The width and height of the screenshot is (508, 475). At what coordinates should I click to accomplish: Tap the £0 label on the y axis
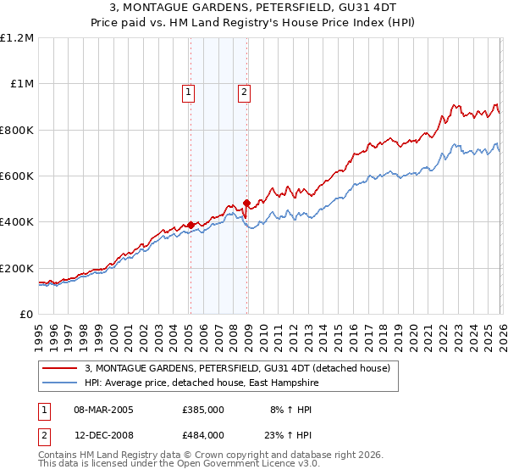[x=27, y=315]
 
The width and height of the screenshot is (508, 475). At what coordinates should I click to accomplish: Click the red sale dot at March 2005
[x=190, y=226]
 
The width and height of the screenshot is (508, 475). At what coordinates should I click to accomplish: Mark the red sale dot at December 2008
[x=247, y=203]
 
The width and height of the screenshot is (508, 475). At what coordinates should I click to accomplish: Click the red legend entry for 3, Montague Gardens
[x=237, y=368]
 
